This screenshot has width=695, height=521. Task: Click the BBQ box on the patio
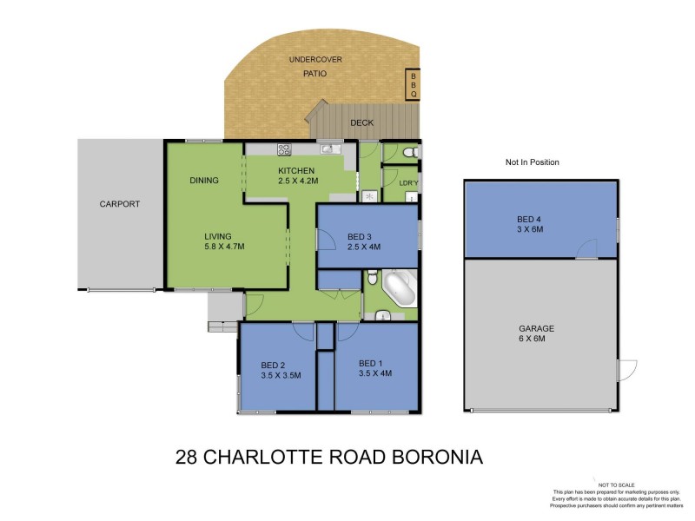pyautogui.click(x=414, y=84)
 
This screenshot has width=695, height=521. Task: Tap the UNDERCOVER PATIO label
pyautogui.click(x=314, y=67)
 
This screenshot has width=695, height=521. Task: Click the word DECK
pyautogui.click(x=361, y=123)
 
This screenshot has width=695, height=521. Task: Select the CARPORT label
pyautogui.click(x=120, y=205)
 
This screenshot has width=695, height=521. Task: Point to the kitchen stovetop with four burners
pyautogui.click(x=283, y=148)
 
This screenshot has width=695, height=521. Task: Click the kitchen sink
pyautogui.click(x=326, y=148)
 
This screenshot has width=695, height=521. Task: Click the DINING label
pyautogui.click(x=205, y=181)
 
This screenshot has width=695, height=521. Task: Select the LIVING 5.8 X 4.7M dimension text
pyautogui.click(x=224, y=241)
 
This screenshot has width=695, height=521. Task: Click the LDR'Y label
pyautogui.click(x=408, y=183)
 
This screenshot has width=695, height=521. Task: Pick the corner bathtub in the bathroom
pyautogui.click(x=400, y=288)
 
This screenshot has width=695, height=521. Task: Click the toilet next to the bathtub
pyautogui.click(x=372, y=278)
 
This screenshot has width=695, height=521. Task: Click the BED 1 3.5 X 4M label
pyautogui.click(x=375, y=368)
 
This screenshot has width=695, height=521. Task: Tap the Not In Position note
pyautogui.click(x=532, y=162)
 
